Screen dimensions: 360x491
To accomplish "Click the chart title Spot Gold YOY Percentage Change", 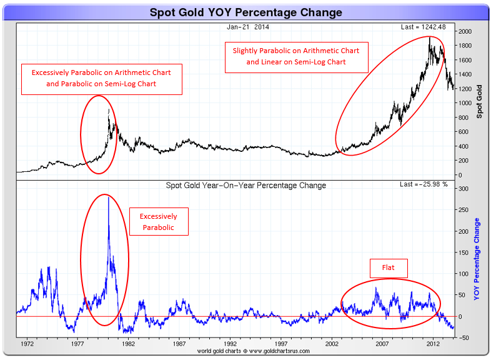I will [245, 12].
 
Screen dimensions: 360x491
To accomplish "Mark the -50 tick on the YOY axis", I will [463, 337].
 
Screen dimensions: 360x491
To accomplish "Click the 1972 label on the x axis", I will [27, 344].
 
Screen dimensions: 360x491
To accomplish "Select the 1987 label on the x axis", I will [179, 344].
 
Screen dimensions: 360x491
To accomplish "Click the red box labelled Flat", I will [388, 269].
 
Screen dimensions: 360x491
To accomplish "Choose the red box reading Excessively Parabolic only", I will [159, 222].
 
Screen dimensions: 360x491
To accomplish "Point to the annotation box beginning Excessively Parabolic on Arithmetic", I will [101, 78].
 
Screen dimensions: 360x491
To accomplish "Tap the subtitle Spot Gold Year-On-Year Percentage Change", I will [245, 185].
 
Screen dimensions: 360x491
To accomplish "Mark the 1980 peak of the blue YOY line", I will [109, 197].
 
